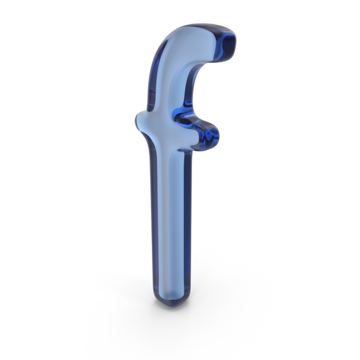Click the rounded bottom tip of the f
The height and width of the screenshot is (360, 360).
click(172, 304)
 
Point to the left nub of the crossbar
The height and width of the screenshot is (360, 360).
click(139, 121)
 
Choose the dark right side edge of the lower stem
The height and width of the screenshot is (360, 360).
click(187, 220)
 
